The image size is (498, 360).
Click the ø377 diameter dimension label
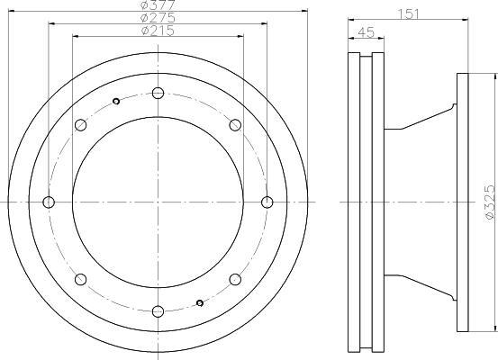coord(158,4)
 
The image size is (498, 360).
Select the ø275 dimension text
coord(158,17)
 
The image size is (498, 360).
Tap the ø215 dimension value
coord(158,31)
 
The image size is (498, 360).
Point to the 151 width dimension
coord(409,14)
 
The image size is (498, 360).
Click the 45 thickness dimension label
coord(367,32)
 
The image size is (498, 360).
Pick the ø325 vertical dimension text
coord(490,202)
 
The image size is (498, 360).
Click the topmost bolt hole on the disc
coord(158,93)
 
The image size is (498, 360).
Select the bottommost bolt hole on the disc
coord(158,311)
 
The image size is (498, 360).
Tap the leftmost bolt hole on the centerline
coord(49,202)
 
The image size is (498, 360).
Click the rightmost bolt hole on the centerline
coord(267,202)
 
